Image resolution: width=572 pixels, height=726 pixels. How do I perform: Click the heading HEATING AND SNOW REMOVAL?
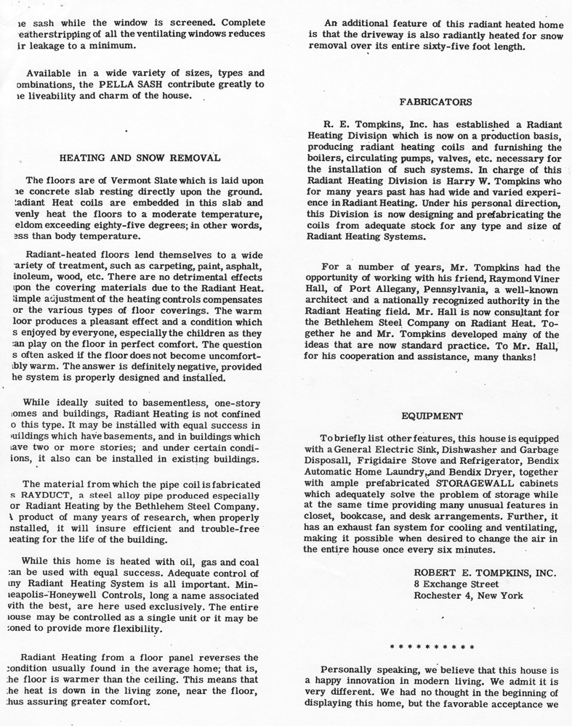pos(140,157)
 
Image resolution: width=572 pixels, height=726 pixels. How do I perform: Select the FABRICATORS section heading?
pos(430,101)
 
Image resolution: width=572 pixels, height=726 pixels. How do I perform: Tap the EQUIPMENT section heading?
pos(431,416)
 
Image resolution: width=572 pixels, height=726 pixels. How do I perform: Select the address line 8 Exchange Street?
pos(456,584)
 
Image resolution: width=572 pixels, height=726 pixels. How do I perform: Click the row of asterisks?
pos(432,645)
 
